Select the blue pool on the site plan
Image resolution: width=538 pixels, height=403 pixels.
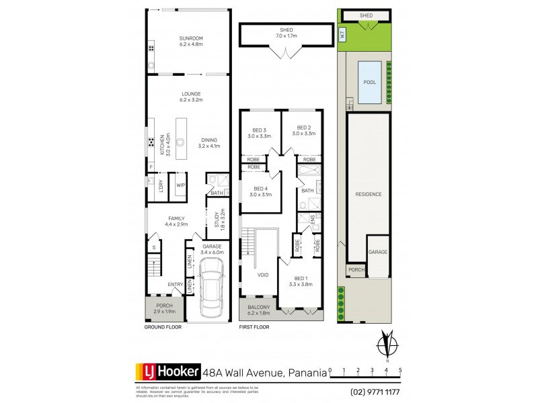pos(369,83)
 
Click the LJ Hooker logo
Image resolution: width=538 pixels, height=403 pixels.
pos(168,371)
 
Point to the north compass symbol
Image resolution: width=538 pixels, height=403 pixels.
pos(386,344)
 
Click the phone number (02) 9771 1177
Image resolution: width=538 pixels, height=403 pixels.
pos(376,392)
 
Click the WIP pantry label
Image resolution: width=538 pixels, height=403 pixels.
pos(181,185)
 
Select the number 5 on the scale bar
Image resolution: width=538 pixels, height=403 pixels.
pos(400,370)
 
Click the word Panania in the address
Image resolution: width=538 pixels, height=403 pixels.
pos(307,371)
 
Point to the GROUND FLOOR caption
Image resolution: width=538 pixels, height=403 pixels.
pos(163,327)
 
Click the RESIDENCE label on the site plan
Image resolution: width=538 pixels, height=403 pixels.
pos(369,194)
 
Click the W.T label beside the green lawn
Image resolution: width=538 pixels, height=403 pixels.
pos(342,36)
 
